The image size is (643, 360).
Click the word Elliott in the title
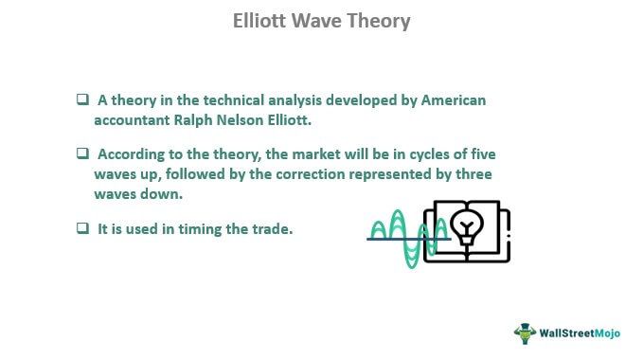(x=262, y=21)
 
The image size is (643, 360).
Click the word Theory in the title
(x=379, y=21)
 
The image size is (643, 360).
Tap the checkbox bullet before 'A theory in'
(x=83, y=100)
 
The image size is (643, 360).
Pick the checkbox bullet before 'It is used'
(x=83, y=228)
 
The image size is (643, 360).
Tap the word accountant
(x=131, y=120)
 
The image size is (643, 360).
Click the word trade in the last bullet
(x=273, y=228)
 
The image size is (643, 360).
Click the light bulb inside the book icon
(x=466, y=226)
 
